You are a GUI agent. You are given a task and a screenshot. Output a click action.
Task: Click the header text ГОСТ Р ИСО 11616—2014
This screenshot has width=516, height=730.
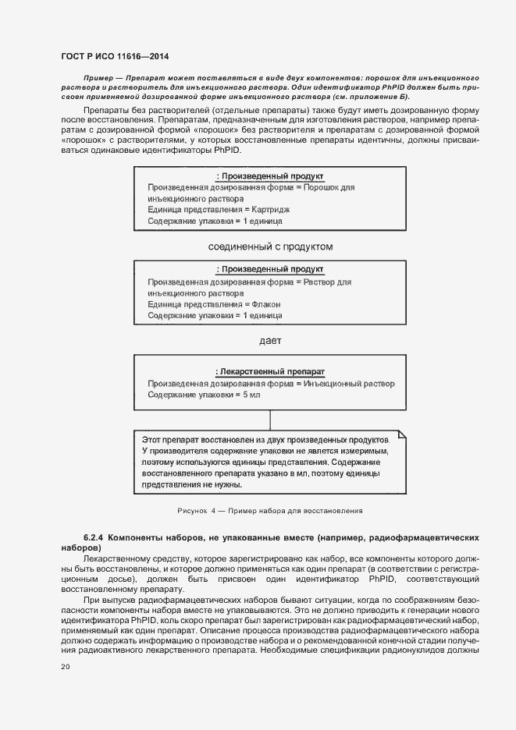114,57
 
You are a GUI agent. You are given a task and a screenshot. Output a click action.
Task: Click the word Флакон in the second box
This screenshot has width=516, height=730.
266,304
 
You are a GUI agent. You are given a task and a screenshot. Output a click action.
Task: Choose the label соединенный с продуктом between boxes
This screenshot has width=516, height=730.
270,246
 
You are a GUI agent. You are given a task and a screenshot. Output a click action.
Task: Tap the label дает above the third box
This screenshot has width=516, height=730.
269,340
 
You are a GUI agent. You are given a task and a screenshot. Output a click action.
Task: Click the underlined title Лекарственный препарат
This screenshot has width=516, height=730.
269,372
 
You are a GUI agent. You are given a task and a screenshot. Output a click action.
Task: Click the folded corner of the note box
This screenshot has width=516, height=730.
402,434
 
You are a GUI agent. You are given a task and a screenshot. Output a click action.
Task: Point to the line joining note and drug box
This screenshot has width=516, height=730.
269,418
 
